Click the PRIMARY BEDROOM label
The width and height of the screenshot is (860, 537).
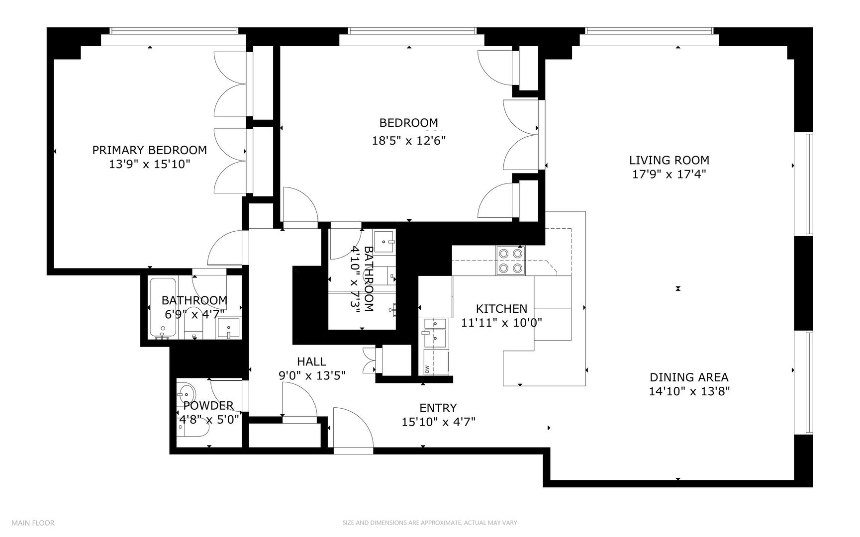click(x=149, y=150)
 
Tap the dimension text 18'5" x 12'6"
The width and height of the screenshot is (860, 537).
click(x=408, y=141)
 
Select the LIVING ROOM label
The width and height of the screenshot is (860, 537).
click(x=669, y=160)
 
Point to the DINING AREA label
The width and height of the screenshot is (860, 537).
click(x=689, y=377)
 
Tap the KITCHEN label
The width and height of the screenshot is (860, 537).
click(x=501, y=309)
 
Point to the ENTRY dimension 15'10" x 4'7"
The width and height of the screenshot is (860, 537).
click(x=438, y=422)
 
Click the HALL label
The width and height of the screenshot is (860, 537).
click(x=311, y=361)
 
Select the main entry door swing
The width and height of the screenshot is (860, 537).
click(x=351, y=428)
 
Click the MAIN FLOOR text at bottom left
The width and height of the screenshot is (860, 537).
click(x=33, y=523)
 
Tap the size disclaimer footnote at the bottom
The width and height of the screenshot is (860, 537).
click(x=430, y=523)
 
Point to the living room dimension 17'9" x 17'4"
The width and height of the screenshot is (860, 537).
click(x=669, y=174)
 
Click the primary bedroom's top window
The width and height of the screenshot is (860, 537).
click(x=173, y=31)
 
